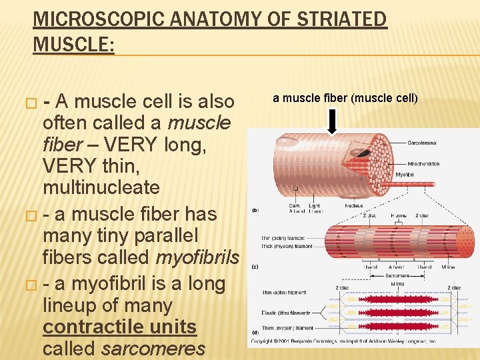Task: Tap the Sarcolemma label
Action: pos(423,143)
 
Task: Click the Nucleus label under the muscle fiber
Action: pos(354,206)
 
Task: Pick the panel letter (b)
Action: pos(255,210)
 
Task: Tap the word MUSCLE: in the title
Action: pos(73,45)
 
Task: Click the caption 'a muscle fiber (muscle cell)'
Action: pos(345,99)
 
